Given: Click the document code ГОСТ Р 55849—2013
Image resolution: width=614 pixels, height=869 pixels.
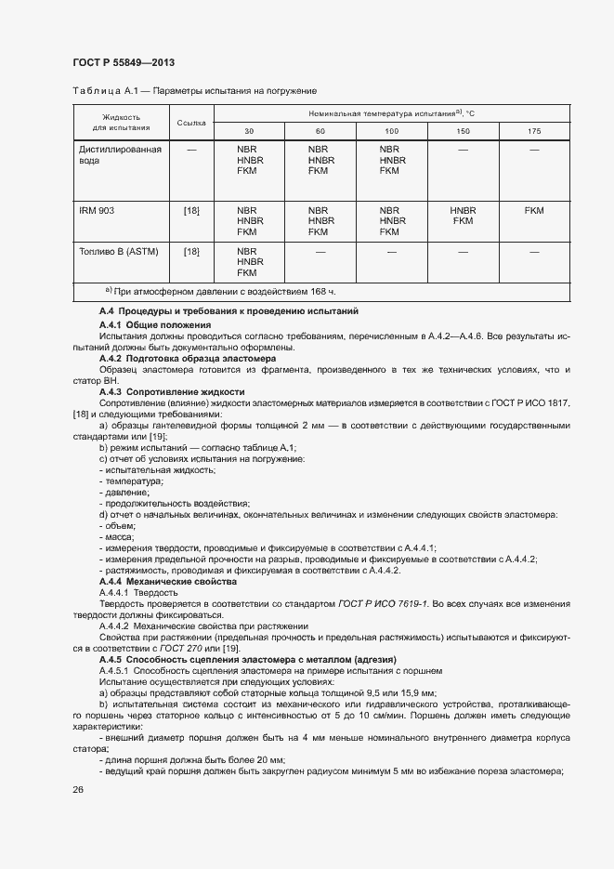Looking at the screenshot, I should coord(124,62).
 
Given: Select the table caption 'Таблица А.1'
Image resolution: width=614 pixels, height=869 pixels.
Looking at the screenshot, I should coord(100,91).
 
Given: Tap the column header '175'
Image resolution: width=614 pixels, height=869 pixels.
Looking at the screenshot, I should coord(533,131).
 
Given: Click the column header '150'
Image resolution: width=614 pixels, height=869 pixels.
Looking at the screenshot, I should coord(462,131).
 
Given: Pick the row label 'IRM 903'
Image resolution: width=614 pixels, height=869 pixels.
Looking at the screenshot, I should coord(97,211).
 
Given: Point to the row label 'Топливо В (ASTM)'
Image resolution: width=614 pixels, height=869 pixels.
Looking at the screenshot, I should coord(116,251).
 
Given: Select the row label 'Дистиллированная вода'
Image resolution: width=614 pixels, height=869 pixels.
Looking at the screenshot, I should coord(120,154).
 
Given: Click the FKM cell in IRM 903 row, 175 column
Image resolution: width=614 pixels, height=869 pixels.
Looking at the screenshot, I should coord(533,211).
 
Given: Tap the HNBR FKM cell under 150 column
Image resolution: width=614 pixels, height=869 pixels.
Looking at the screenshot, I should coord(462,216).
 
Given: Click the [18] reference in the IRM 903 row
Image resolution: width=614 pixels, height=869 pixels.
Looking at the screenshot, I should coord(191,211).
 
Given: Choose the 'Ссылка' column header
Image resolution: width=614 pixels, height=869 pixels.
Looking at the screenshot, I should coord(190,123).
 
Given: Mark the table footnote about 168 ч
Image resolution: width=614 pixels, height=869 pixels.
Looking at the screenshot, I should coord(180,293).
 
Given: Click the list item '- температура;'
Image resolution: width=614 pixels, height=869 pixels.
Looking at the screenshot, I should coord(131,481).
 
